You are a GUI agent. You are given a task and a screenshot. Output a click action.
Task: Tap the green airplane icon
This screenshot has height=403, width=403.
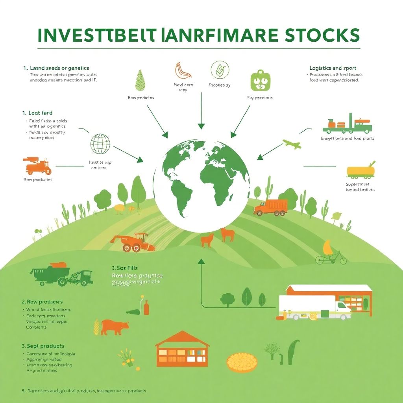coord(292,144)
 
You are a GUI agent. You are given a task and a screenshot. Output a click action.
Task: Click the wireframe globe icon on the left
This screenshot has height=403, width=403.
coord(100,144)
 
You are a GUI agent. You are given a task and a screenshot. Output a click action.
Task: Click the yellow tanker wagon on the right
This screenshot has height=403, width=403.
coord(360,170)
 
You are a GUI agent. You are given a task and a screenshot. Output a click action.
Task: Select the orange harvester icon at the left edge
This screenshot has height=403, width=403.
coord(38,166)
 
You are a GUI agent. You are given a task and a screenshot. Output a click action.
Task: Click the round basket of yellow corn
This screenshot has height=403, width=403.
coord(242,361)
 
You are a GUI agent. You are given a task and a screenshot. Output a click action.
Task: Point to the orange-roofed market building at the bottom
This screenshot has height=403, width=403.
coord(182,349)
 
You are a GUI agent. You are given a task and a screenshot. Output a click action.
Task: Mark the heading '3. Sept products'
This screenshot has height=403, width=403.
coord(43,346)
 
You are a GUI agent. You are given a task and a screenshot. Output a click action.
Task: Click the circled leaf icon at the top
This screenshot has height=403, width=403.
coord(219,70)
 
